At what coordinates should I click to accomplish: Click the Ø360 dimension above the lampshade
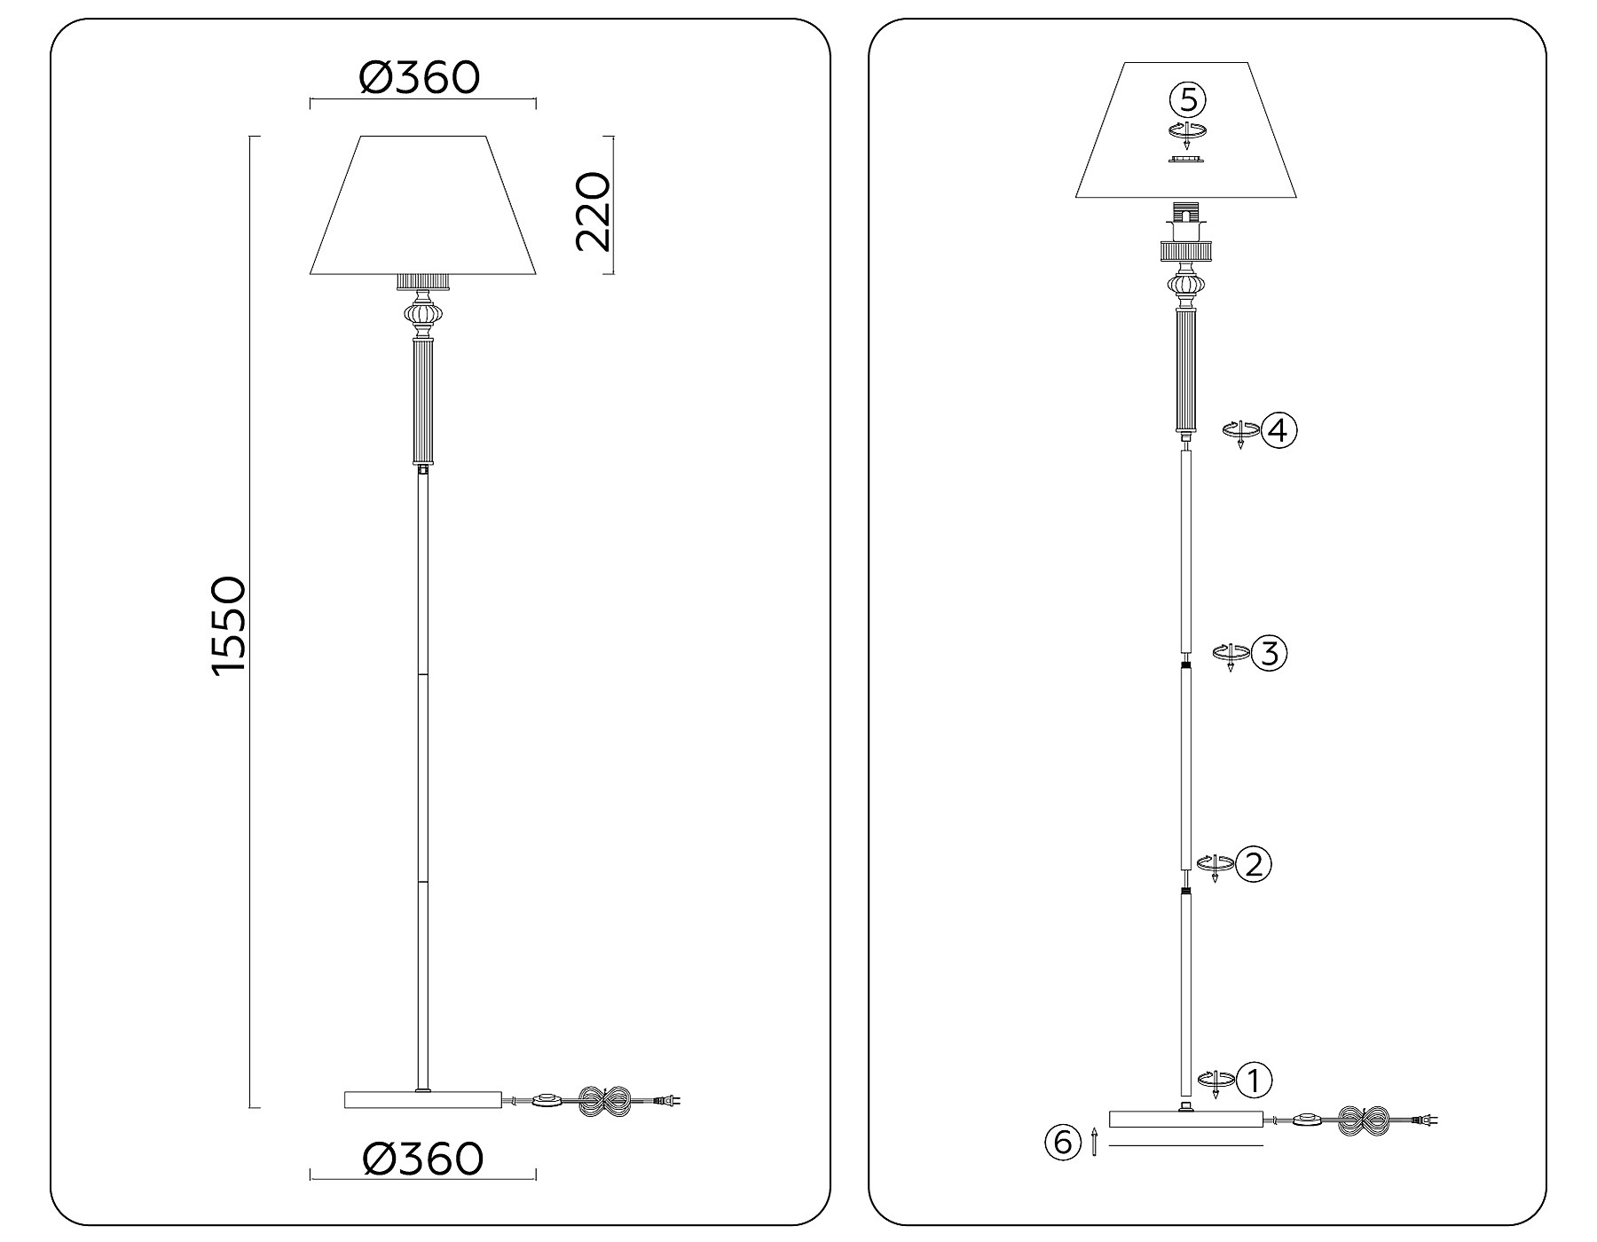coord(419,77)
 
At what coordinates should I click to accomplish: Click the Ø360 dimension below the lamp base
coord(423,1158)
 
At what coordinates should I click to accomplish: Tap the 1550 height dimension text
coord(228,625)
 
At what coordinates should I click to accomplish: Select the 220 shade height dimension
coord(594,212)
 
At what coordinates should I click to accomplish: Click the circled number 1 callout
coord(1255,1081)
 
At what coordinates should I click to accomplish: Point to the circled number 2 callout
coord(1254,864)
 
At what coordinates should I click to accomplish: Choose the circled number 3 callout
coord(1269,654)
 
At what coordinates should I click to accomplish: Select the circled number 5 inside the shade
coord(1188,99)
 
